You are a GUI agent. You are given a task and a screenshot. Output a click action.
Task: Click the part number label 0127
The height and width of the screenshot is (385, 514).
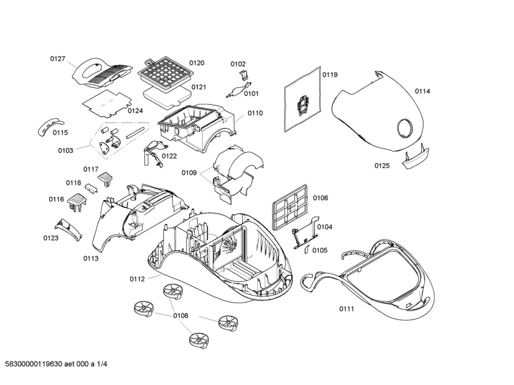click(57, 59)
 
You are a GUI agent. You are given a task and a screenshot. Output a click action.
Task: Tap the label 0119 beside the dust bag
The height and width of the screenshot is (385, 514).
click(330, 75)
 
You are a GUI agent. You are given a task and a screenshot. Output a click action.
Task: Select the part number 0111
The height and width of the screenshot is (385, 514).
click(346, 309)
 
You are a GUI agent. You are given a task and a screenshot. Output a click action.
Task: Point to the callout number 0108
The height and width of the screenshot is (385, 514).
click(180, 316)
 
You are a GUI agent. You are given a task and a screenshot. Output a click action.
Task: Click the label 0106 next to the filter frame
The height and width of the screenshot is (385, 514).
click(320, 198)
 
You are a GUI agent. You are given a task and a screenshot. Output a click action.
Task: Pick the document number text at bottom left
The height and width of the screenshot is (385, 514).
click(56, 363)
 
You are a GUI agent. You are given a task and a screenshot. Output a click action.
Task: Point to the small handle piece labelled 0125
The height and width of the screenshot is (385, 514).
click(415, 159)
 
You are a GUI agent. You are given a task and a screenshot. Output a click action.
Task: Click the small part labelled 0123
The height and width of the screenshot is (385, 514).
click(66, 228)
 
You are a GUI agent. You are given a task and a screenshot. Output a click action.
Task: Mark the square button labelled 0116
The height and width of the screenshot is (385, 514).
click(77, 201)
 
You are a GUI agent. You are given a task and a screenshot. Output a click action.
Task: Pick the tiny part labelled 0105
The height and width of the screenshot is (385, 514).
click(307, 250)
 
